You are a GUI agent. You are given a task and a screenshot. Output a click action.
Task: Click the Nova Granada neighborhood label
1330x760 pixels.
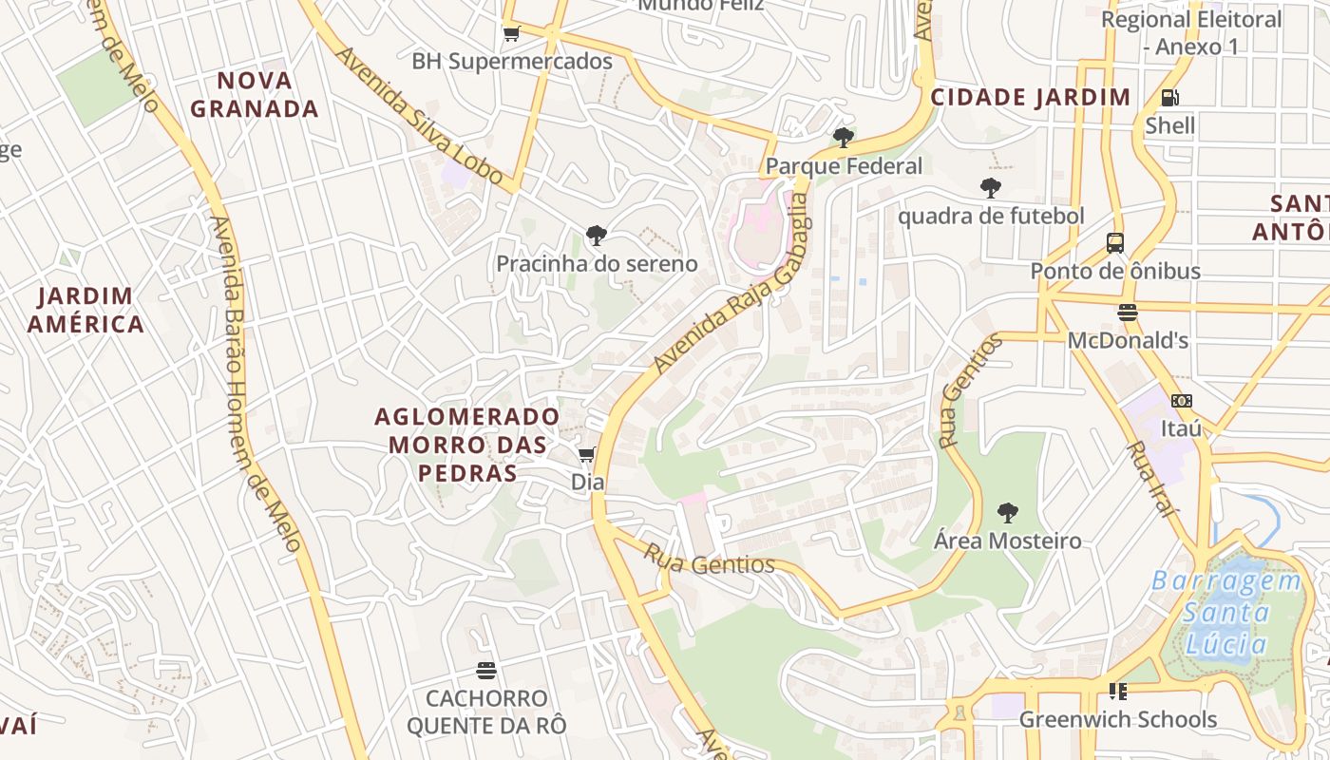click(255, 94)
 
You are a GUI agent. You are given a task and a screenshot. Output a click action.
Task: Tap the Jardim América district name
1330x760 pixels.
click(85, 310)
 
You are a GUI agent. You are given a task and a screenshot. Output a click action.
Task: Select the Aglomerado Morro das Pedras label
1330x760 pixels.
click(466, 445)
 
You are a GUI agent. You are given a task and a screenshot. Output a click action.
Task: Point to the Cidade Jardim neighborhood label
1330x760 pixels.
click(1031, 97)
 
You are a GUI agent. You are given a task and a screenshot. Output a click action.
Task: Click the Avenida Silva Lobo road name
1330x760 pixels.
click(418, 115)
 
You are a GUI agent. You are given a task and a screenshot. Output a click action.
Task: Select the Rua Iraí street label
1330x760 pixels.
click(1150, 479)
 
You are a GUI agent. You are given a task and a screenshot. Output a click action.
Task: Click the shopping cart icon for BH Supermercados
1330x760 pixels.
click(511, 34)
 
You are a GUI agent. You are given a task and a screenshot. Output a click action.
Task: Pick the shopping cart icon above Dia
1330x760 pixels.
click(587, 455)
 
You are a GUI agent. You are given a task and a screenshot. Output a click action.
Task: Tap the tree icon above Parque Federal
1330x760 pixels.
click(843, 138)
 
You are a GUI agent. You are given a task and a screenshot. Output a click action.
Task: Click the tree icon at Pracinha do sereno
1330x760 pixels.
click(597, 235)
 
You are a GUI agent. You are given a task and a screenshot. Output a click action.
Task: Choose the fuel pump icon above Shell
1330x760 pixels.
click(1170, 98)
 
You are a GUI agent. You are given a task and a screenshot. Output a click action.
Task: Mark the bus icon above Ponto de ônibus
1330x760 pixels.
click(1115, 243)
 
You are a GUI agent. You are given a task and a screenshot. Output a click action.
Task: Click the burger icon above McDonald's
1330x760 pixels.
click(1128, 313)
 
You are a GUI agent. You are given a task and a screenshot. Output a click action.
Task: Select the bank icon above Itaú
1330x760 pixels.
click(1181, 401)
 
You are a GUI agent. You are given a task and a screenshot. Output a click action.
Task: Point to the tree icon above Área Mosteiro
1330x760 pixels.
click(1008, 513)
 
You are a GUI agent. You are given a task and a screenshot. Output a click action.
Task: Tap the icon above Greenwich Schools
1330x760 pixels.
click(1117, 691)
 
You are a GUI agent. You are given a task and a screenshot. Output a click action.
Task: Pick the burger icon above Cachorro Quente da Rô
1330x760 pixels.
click(486, 671)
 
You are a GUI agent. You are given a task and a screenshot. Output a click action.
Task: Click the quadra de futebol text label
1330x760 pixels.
click(991, 217)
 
